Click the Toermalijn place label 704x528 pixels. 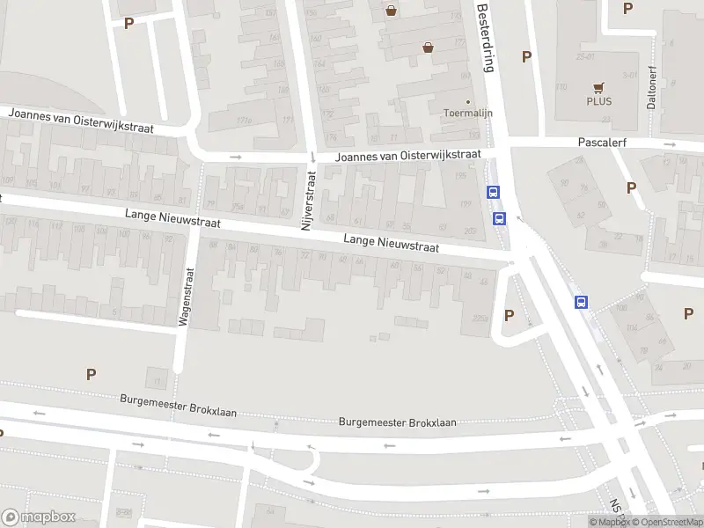(467, 114)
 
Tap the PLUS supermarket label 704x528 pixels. (599, 100)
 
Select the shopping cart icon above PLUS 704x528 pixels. (599, 87)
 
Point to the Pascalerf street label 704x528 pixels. (601, 141)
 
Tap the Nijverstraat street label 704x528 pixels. (308, 201)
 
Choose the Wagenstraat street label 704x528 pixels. (186, 297)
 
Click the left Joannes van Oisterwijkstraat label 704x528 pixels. (81, 121)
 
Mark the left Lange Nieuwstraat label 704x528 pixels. (172, 219)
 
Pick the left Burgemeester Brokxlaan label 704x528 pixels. (179, 406)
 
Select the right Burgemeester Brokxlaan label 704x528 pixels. (398, 422)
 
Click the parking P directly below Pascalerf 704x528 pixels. (631, 187)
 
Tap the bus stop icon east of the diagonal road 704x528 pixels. (582, 302)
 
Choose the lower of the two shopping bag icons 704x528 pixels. (428, 48)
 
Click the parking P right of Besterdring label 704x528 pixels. (526, 56)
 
